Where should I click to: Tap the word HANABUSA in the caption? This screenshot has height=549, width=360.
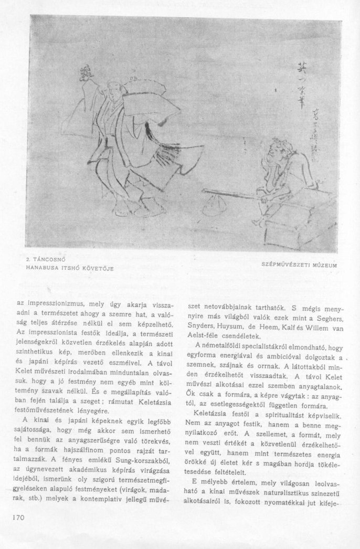pyautogui.click(x=42, y=268)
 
